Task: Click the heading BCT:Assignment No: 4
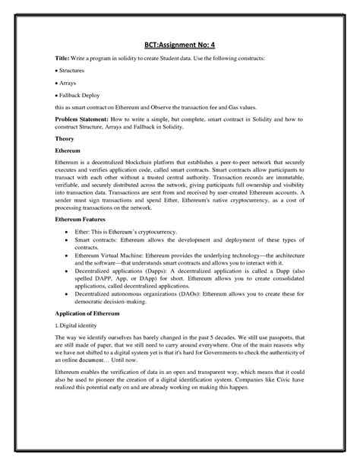[179, 45]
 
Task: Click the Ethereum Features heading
[86, 218]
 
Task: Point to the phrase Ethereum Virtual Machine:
[118, 257]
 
